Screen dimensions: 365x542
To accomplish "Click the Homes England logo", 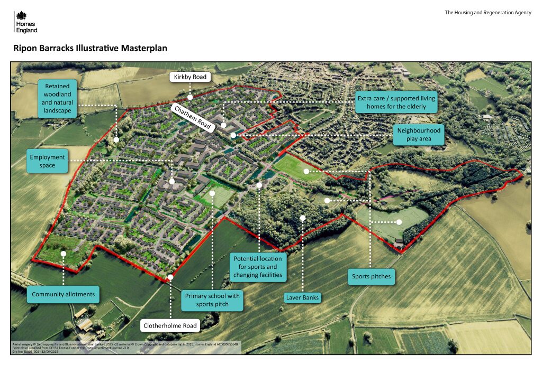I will point(25,23).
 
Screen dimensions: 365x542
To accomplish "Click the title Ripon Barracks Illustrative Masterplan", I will point(90,48).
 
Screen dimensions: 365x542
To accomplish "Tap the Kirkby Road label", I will point(190,77).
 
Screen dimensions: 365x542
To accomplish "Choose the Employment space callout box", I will point(48,161).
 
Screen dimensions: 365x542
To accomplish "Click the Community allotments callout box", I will point(64,294).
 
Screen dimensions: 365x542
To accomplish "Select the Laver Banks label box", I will point(302,298).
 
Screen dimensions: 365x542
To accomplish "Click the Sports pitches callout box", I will point(371,276).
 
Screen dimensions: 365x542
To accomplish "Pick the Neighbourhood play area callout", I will point(419,135).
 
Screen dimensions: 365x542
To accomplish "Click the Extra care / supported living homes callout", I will point(396,102).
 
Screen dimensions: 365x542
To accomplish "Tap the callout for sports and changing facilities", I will point(259,267).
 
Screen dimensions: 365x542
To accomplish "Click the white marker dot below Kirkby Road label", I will point(190,97).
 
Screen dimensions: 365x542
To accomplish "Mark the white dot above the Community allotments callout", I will point(64,254).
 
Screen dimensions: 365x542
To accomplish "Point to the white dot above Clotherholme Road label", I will point(170,277).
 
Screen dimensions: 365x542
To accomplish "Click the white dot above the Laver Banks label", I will point(303,218).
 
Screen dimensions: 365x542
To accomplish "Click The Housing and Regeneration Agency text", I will point(487,13).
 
